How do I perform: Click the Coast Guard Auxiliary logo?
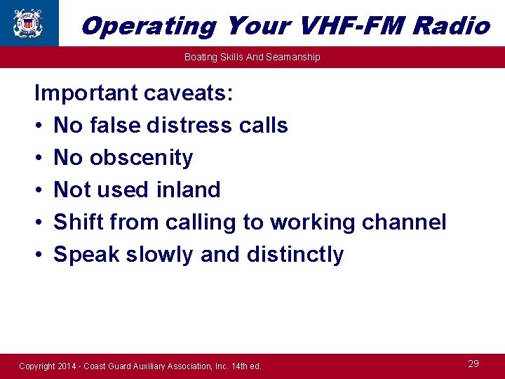28,22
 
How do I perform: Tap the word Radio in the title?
451,26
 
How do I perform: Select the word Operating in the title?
149,26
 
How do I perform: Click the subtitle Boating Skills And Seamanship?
252,57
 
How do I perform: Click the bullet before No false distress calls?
39,126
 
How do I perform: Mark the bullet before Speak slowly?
39,255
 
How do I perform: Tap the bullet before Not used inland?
39,190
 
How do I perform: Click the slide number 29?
473,364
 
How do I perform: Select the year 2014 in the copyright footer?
69,366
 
